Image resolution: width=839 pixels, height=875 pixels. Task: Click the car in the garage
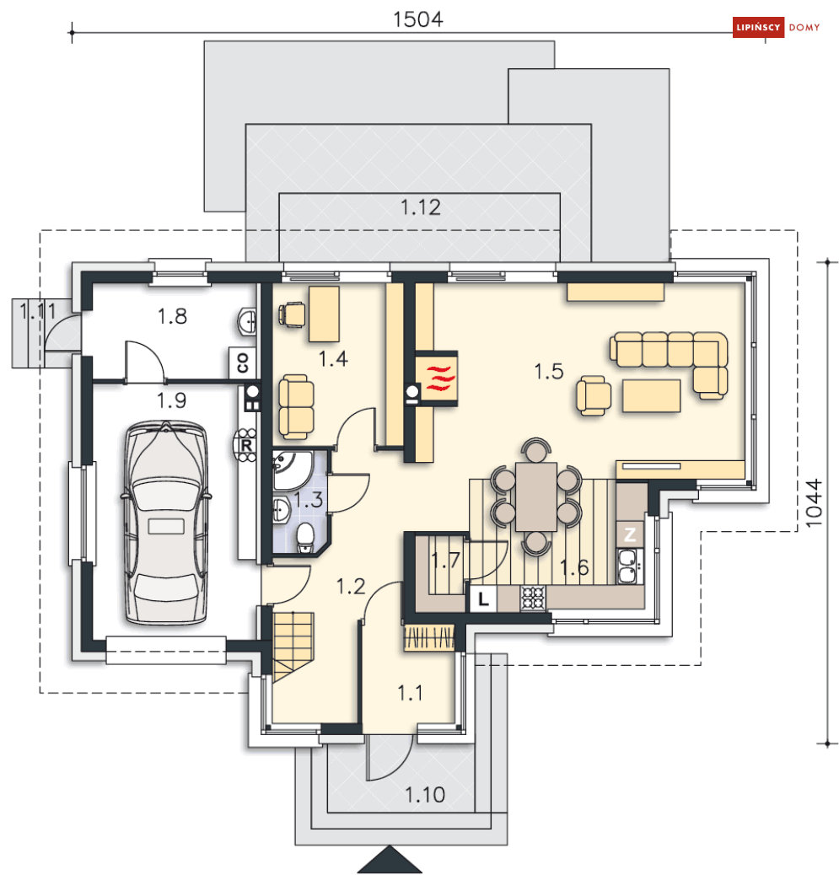(x=166, y=523)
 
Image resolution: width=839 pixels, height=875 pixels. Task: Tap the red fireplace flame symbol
(x=440, y=378)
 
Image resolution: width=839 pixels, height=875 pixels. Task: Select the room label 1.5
(x=549, y=372)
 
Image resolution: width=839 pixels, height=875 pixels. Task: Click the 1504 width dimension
(x=418, y=19)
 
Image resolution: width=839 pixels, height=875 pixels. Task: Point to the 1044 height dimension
(x=814, y=502)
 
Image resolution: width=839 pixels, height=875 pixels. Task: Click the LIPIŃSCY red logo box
(x=758, y=27)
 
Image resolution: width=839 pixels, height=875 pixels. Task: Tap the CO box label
(x=243, y=362)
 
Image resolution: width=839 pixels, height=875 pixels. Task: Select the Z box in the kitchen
(x=630, y=534)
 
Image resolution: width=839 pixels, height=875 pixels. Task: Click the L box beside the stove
(x=483, y=599)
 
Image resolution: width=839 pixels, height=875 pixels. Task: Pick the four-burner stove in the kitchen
(x=533, y=598)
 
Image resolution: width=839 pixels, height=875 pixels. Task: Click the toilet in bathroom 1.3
(x=305, y=537)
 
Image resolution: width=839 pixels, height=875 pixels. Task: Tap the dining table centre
(x=536, y=497)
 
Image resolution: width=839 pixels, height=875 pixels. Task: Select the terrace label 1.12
(x=421, y=207)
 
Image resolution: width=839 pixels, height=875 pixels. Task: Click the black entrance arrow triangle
(x=390, y=861)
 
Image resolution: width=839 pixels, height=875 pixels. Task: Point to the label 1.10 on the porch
(x=425, y=795)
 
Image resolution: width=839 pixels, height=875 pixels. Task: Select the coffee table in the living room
(x=652, y=395)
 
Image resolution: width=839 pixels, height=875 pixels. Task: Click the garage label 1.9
(x=171, y=400)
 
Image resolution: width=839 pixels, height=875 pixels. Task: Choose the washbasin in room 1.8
(x=247, y=321)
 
